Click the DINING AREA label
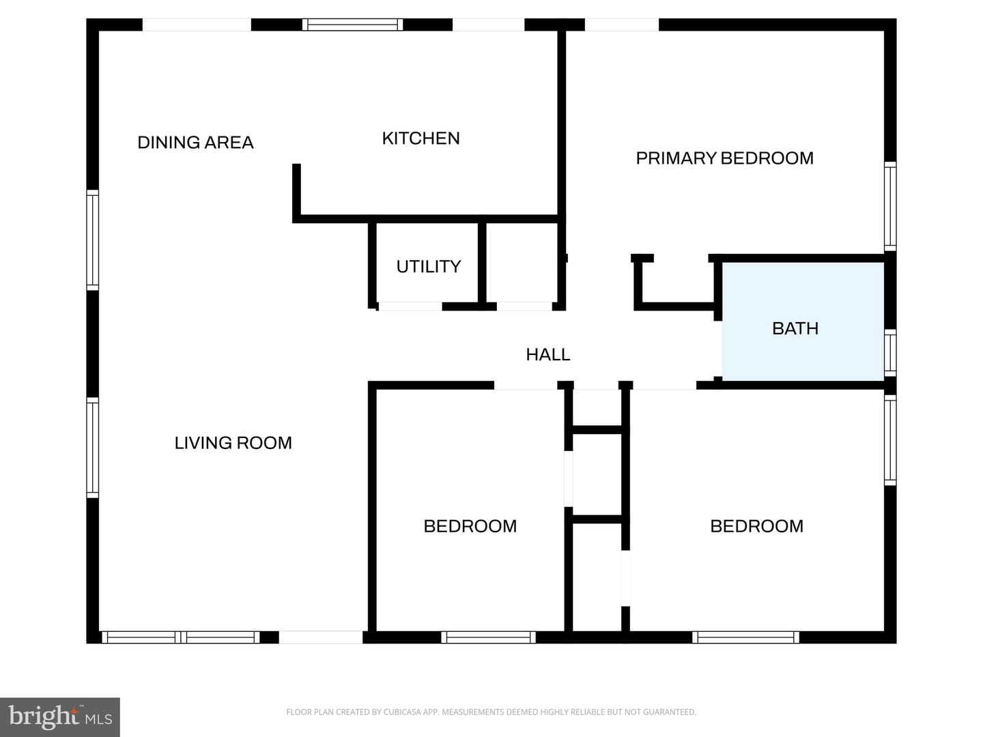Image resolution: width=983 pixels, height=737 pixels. pos(195,143)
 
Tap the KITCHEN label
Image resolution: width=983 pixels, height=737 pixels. pos(421,139)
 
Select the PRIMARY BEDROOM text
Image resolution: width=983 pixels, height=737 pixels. pos(724,158)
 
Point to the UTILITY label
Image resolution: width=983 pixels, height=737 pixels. pos(428,266)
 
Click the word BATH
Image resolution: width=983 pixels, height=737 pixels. pos(795,328)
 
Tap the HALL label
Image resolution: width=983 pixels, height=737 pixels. pos(547,354)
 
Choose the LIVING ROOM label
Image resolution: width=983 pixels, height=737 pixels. pos(233,443)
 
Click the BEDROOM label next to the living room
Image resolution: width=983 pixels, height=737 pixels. pos(470,526)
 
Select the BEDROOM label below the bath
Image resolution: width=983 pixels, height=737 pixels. pos(756,526)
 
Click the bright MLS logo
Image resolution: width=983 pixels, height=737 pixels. pos(60,717)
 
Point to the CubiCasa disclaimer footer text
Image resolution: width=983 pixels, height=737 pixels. pos(491,712)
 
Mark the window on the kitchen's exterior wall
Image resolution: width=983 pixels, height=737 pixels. pos(352,25)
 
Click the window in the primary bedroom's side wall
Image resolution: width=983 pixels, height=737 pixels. pos(890,205)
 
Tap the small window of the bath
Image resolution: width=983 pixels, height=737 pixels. pos(890,353)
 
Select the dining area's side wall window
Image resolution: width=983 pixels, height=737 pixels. pos(92,240)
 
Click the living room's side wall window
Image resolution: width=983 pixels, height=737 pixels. pos(92,448)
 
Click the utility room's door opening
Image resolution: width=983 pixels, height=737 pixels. pos(410,306)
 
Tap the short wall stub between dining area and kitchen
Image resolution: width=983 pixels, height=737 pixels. pos(297,191)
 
